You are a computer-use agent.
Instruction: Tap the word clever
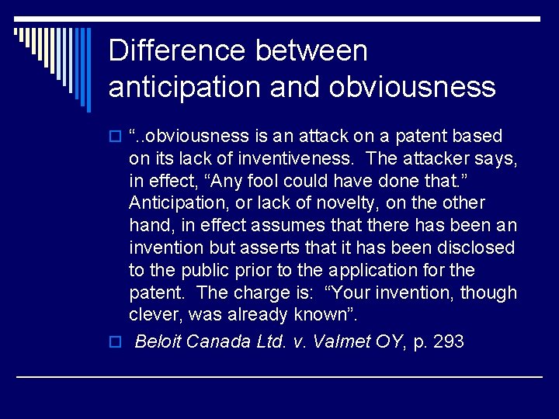pyautogui.click(x=155, y=315)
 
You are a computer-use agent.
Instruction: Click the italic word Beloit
pyautogui.click(x=158, y=342)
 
